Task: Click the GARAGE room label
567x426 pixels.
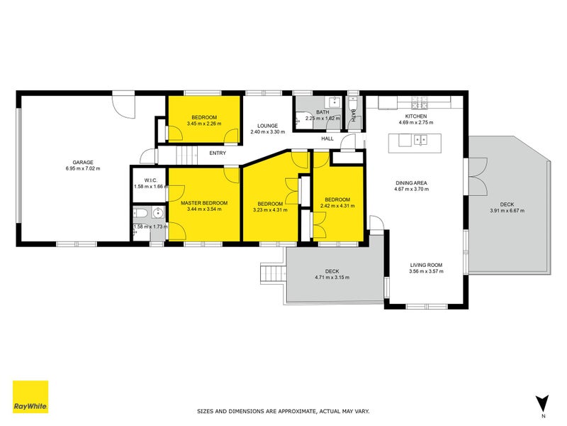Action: pyautogui.click(x=83, y=163)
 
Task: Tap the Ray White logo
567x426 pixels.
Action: pyautogui.click(x=30, y=397)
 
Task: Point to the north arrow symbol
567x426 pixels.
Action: pyautogui.click(x=542, y=404)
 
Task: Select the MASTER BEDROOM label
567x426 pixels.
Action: pyautogui.click(x=204, y=203)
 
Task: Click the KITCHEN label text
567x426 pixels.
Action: pyautogui.click(x=416, y=116)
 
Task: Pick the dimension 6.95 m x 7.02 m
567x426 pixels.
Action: pyautogui.click(x=83, y=168)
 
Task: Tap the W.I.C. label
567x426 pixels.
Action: pyautogui.click(x=151, y=180)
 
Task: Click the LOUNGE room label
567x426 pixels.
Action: pyautogui.click(x=268, y=126)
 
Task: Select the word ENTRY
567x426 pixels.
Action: pyautogui.click(x=218, y=153)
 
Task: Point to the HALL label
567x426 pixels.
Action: pyautogui.click(x=327, y=138)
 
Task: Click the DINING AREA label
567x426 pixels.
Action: pyautogui.click(x=411, y=183)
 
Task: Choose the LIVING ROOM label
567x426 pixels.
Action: pyautogui.click(x=426, y=265)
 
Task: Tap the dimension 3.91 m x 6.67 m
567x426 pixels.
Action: pyautogui.click(x=507, y=210)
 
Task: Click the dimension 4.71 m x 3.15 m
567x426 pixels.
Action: pyautogui.click(x=332, y=278)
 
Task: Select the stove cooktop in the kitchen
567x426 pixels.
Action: pyautogui.click(x=420, y=102)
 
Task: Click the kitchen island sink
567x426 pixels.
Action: pyautogui.click(x=420, y=140)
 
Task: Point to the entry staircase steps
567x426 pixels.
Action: pyautogui.click(x=187, y=155)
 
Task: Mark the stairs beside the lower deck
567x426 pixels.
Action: pyautogui.click(x=273, y=273)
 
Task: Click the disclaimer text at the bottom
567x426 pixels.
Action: pyautogui.click(x=283, y=411)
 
